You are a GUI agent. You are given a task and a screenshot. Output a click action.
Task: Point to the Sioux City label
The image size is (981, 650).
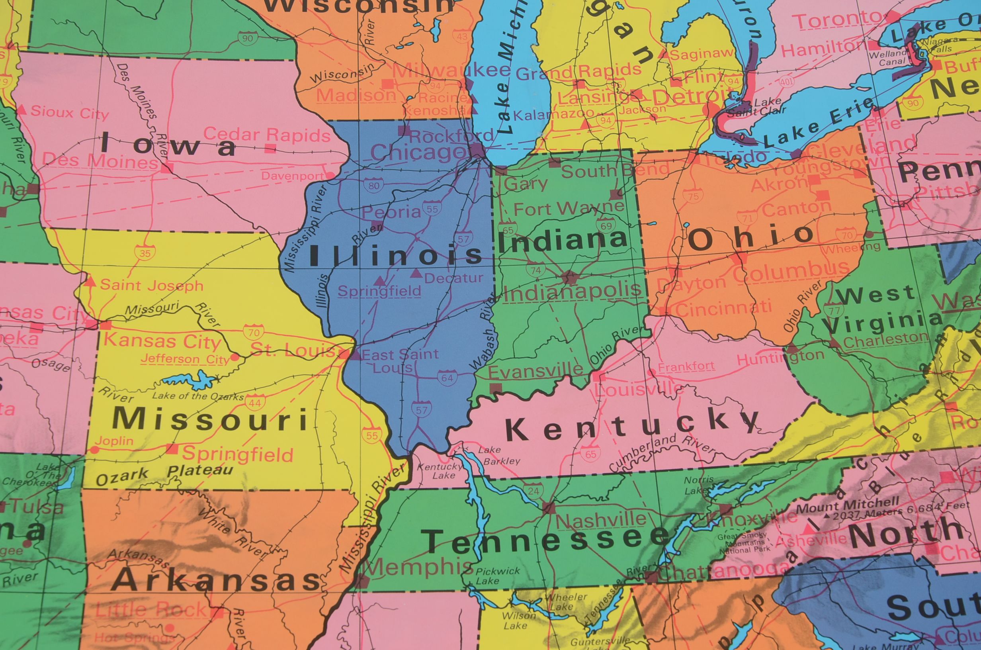tap(69, 112)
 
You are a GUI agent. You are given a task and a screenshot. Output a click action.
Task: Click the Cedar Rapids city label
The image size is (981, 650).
tap(267, 135)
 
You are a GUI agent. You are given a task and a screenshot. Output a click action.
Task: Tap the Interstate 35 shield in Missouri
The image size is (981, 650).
tap(145, 253)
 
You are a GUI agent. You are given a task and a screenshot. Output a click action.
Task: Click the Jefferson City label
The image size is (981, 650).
tap(184, 359)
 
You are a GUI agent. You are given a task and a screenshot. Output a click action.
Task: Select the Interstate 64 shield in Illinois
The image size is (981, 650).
tap(447, 377)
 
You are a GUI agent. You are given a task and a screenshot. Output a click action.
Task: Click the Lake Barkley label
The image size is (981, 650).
tap(503, 455)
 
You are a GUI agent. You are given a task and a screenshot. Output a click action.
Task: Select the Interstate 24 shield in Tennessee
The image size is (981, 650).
tap(534, 491)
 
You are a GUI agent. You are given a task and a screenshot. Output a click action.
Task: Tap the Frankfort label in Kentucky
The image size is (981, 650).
tap(686, 366)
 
